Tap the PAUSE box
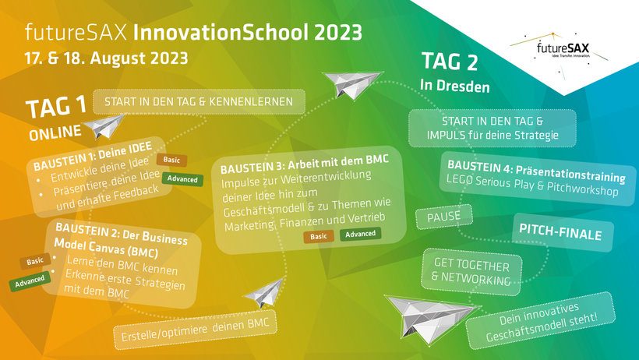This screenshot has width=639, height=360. tap(444, 217)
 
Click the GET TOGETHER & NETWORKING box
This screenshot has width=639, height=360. tap(471, 272)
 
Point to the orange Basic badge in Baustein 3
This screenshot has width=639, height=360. tap(318, 236)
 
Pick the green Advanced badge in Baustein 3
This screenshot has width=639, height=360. tap(361, 234)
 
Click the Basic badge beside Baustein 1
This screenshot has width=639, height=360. tap(171, 160)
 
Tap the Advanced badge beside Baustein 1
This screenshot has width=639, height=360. tap(182, 179)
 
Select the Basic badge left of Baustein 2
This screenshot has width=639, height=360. tap(35, 261)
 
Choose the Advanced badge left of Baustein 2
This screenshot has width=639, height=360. tap(30, 281)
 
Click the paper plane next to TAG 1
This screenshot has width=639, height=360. tap(104, 126)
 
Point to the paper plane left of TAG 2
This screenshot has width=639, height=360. tap(352, 84)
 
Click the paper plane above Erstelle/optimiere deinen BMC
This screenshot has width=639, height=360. tap(263, 293)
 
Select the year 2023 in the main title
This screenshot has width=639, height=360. tap(338, 33)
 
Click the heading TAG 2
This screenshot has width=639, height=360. tap(450, 62)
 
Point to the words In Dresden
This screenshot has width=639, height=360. tap(455, 86)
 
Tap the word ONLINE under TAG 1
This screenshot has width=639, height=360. tap(55, 133)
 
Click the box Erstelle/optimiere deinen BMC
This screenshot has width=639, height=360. tap(195, 330)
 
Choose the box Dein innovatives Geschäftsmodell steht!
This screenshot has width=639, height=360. tap(541, 321)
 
